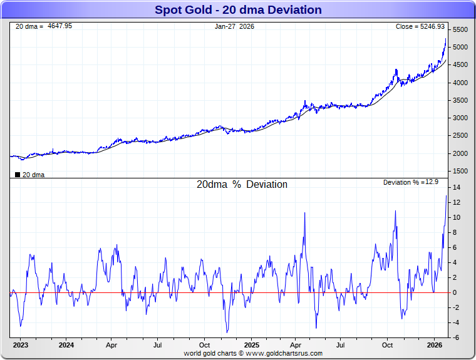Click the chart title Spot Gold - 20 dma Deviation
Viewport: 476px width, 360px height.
point(238,10)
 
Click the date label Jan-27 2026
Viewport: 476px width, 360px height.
point(234,26)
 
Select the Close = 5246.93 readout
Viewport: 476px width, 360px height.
point(420,26)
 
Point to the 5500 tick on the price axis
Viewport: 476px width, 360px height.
point(460,30)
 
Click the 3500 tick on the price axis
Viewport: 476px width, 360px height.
point(460,100)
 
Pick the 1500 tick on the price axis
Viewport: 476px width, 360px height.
point(460,171)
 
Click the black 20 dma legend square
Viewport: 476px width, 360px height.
point(17,175)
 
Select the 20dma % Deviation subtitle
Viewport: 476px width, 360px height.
point(242,185)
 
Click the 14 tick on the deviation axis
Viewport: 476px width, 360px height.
point(457,188)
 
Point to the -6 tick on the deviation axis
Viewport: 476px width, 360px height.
point(457,338)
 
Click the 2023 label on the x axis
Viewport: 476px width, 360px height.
point(20,345)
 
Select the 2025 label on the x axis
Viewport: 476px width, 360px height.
point(251,345)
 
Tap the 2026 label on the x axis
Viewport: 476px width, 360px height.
point(435,345)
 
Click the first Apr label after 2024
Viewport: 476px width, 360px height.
point(111,345)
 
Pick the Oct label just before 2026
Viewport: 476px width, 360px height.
point(388,345)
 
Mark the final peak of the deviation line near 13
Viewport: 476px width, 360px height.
point(447,196)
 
